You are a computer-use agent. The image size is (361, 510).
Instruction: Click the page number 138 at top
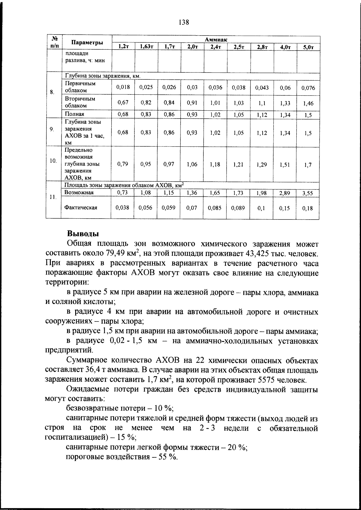(184, 22)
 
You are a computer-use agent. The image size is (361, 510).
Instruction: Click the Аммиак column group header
(216, 39)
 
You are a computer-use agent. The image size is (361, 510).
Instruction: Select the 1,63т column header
(146, 47)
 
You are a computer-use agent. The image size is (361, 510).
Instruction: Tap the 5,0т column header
(308, 47)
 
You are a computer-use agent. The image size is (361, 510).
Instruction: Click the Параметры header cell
(87, 43)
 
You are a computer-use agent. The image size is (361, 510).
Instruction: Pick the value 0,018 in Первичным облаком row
(123, 87)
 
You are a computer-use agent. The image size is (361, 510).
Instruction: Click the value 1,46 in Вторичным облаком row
(308, 103)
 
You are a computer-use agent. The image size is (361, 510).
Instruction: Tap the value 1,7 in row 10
(308, 165)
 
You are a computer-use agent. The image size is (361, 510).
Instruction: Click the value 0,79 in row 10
(123, 164)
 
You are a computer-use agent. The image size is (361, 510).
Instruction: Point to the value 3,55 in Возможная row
(308, 193)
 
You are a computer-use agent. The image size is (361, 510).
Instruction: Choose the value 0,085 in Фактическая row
(215, 208)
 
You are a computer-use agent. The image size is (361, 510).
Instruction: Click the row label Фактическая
(81, 208)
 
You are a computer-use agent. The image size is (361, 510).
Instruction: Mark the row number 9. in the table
(52, 129)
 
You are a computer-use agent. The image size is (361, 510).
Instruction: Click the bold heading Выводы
(83, 234)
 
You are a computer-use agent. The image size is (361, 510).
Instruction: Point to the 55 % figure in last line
(167, 457)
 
